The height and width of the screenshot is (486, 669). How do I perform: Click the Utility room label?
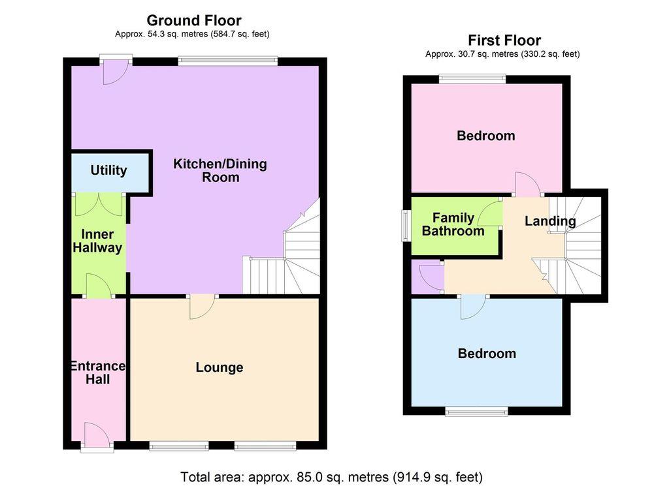coord(108,170)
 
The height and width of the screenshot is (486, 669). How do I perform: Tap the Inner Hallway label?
coord(97,241)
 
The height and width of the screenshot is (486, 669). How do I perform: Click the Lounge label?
coord(220,368)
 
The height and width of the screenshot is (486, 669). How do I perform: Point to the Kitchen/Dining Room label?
coord(220,170)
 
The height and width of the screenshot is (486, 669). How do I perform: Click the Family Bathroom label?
coord(453,224)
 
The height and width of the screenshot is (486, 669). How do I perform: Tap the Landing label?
coord(550,221)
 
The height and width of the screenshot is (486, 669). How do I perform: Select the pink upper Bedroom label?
coord(485,136)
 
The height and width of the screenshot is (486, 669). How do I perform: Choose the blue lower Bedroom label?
coord(487,354)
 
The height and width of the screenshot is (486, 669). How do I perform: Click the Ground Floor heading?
coord(193,20)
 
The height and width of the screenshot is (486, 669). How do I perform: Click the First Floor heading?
coord(504,40)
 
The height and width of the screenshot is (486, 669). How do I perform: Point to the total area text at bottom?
coord(331,476)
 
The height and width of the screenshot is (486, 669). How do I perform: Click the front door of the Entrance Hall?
coord(97,436)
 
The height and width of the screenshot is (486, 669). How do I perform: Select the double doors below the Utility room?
coord(98,205)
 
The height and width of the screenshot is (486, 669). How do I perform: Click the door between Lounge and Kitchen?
coord(203,305)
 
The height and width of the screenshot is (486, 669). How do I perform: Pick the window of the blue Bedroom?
coord(476,411)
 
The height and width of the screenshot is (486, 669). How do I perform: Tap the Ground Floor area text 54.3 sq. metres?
coord(192,34)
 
